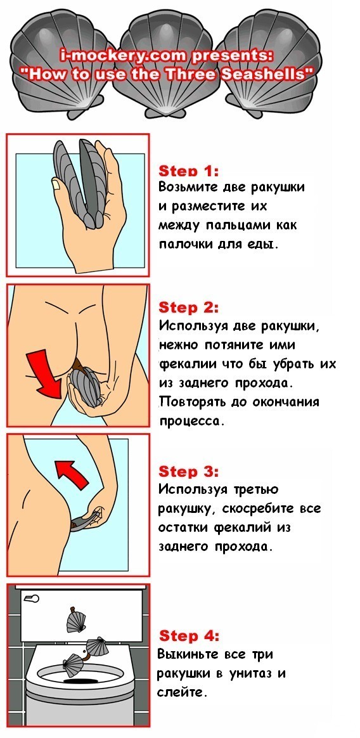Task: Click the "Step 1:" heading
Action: point(189,171)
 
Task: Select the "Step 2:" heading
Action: point(189,307)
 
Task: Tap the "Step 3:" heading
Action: point(189,472)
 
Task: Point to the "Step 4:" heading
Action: point(189,637)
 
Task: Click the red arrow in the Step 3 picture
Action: point(70,473)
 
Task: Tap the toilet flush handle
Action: point(31,599)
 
